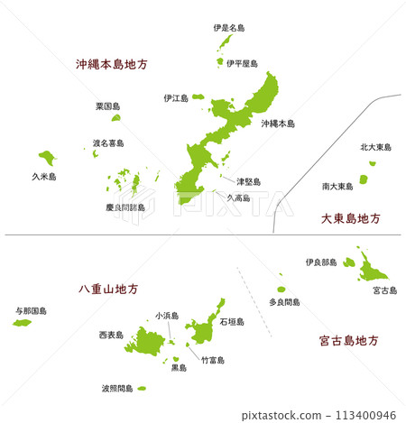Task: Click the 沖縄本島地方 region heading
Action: (x=112, y=65)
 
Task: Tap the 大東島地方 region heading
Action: (x=351, y=218)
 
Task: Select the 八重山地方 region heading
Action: (x=108, y=290)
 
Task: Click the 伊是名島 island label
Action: (x=229, y=28)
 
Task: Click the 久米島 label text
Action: (x=43, y=178)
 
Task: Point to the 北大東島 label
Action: (x=375, y=147)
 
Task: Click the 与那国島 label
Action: (x=32, y=310)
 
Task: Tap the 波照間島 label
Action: (x=117, y=389)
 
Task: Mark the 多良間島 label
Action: (x=284, y=302)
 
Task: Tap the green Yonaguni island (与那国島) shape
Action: (x=22, y=322)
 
